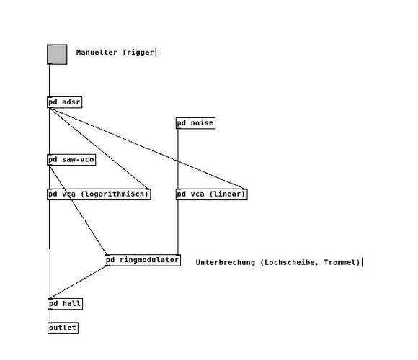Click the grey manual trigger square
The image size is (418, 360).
click(x=57, y=55)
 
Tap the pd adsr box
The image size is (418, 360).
click(x=64, y=102)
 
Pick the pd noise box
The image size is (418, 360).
click(x=195, y=123)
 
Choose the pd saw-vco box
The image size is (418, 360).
click(x=71, y=160)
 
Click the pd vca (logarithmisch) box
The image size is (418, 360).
click(x=98, y=194)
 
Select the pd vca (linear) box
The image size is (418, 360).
click(x=211, y=194)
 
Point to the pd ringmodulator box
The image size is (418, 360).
click(x=142, y=260)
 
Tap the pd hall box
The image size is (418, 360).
click(x=65, y=304)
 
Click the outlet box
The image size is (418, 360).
click(x=63, y=328)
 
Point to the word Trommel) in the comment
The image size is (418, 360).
click(x=342, y=262)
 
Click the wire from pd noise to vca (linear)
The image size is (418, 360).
click(x=178, y=158)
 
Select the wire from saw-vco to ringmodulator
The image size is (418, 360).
click(x=78, y=210)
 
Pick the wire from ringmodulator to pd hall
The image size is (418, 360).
click(x=79, y=282)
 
